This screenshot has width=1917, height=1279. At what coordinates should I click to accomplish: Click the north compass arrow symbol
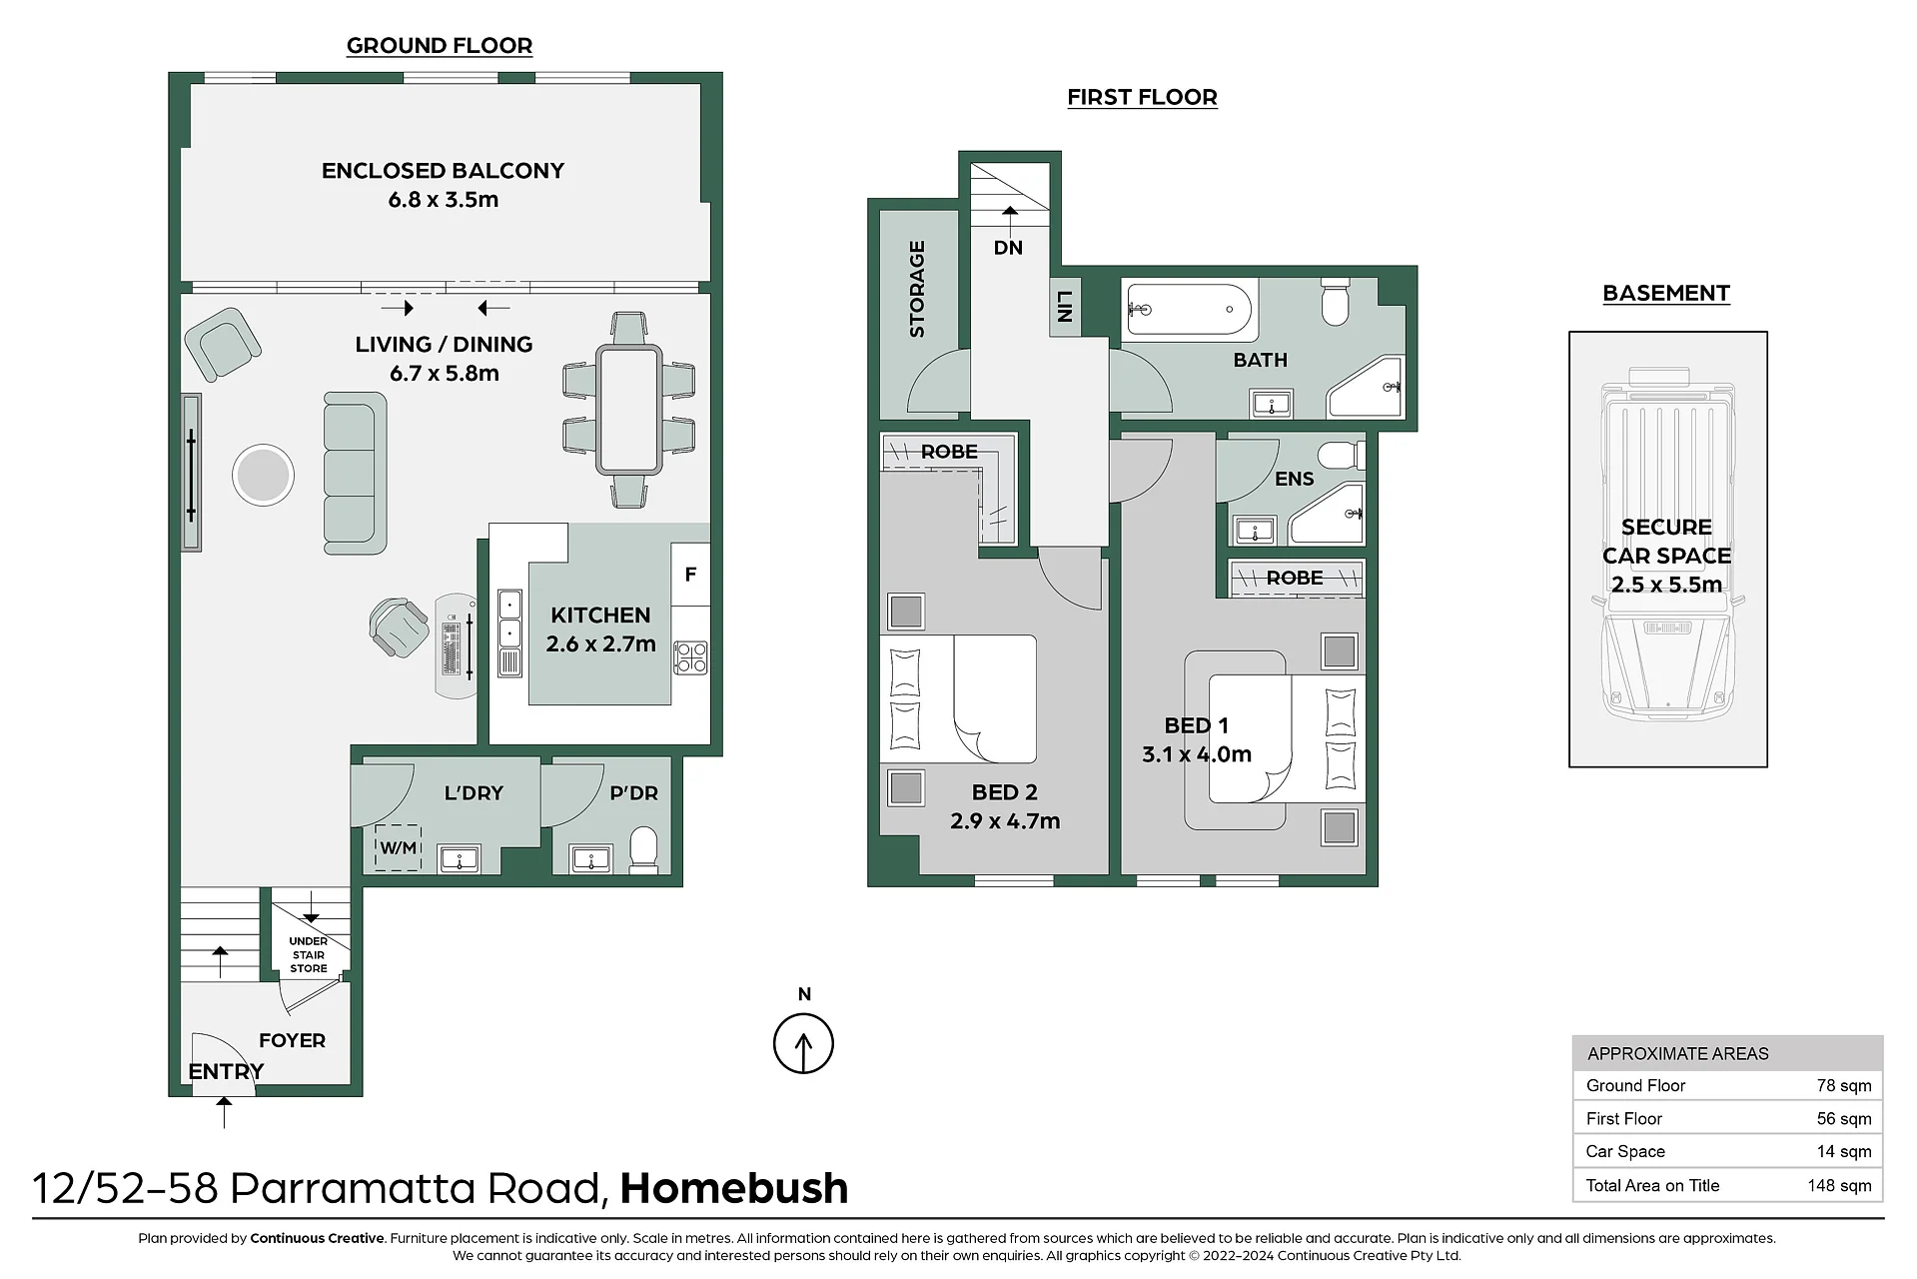[x=803, y=1043]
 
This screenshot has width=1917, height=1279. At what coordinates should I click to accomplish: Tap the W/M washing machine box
[x=398, y=848]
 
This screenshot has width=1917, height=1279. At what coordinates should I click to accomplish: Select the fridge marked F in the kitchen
[x=690, y=575]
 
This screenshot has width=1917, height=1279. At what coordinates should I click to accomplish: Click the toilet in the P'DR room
[x=643, y=850]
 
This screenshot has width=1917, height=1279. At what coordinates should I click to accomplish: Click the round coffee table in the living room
[x=263, y=475]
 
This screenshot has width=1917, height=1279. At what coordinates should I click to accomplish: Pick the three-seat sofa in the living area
[x=355, y=474]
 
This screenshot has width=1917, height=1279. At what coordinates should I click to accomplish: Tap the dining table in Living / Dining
[x=628, y=409]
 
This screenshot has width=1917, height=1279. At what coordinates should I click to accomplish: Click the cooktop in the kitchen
[x=690, y=657]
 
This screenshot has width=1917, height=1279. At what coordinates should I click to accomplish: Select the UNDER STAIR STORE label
[x=309, y=955]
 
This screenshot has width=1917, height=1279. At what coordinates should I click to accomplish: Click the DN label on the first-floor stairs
[x=1008, y=248]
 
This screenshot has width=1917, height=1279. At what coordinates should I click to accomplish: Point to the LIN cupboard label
[x=1064, y=306]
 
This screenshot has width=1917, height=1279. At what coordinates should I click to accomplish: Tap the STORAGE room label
[x=917, y=289]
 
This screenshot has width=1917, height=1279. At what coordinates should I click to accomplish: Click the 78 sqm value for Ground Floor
[x=1844, y=1085]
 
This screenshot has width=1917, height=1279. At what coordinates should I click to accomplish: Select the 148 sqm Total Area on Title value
[x=1839, y=1185]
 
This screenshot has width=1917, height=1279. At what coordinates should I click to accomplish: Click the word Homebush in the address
[x=734, y=1188]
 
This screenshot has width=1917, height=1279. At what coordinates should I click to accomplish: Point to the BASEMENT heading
[x=1666, y=293]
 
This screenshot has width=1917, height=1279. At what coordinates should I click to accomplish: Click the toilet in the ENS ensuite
[x=1342, y=457]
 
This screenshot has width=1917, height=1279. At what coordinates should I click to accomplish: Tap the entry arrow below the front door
[x=224, y=1112]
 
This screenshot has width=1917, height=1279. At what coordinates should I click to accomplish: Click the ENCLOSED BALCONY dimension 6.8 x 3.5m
[x=444, y=200]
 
